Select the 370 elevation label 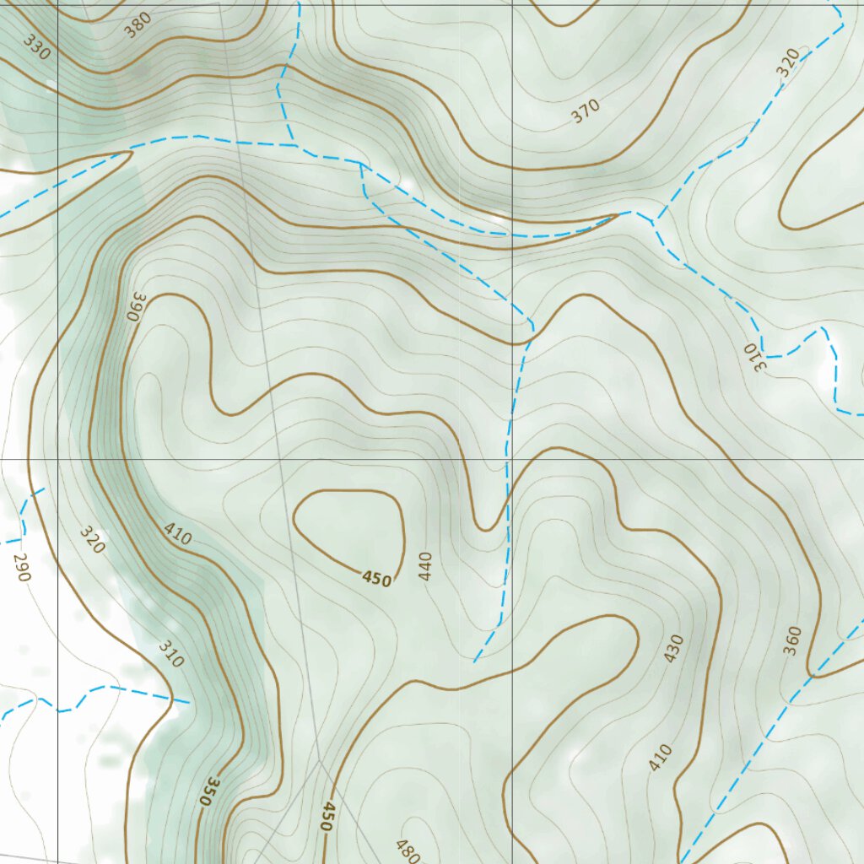585,111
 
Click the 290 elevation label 21,568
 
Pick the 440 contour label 424,566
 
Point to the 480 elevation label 407,850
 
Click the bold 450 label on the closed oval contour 376,579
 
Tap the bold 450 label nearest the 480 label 327,817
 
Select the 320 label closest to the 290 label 92,540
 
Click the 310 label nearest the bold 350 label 170,654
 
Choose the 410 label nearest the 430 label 661,757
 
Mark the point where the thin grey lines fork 319,761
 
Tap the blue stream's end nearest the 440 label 475,661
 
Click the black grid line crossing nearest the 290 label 57,460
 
